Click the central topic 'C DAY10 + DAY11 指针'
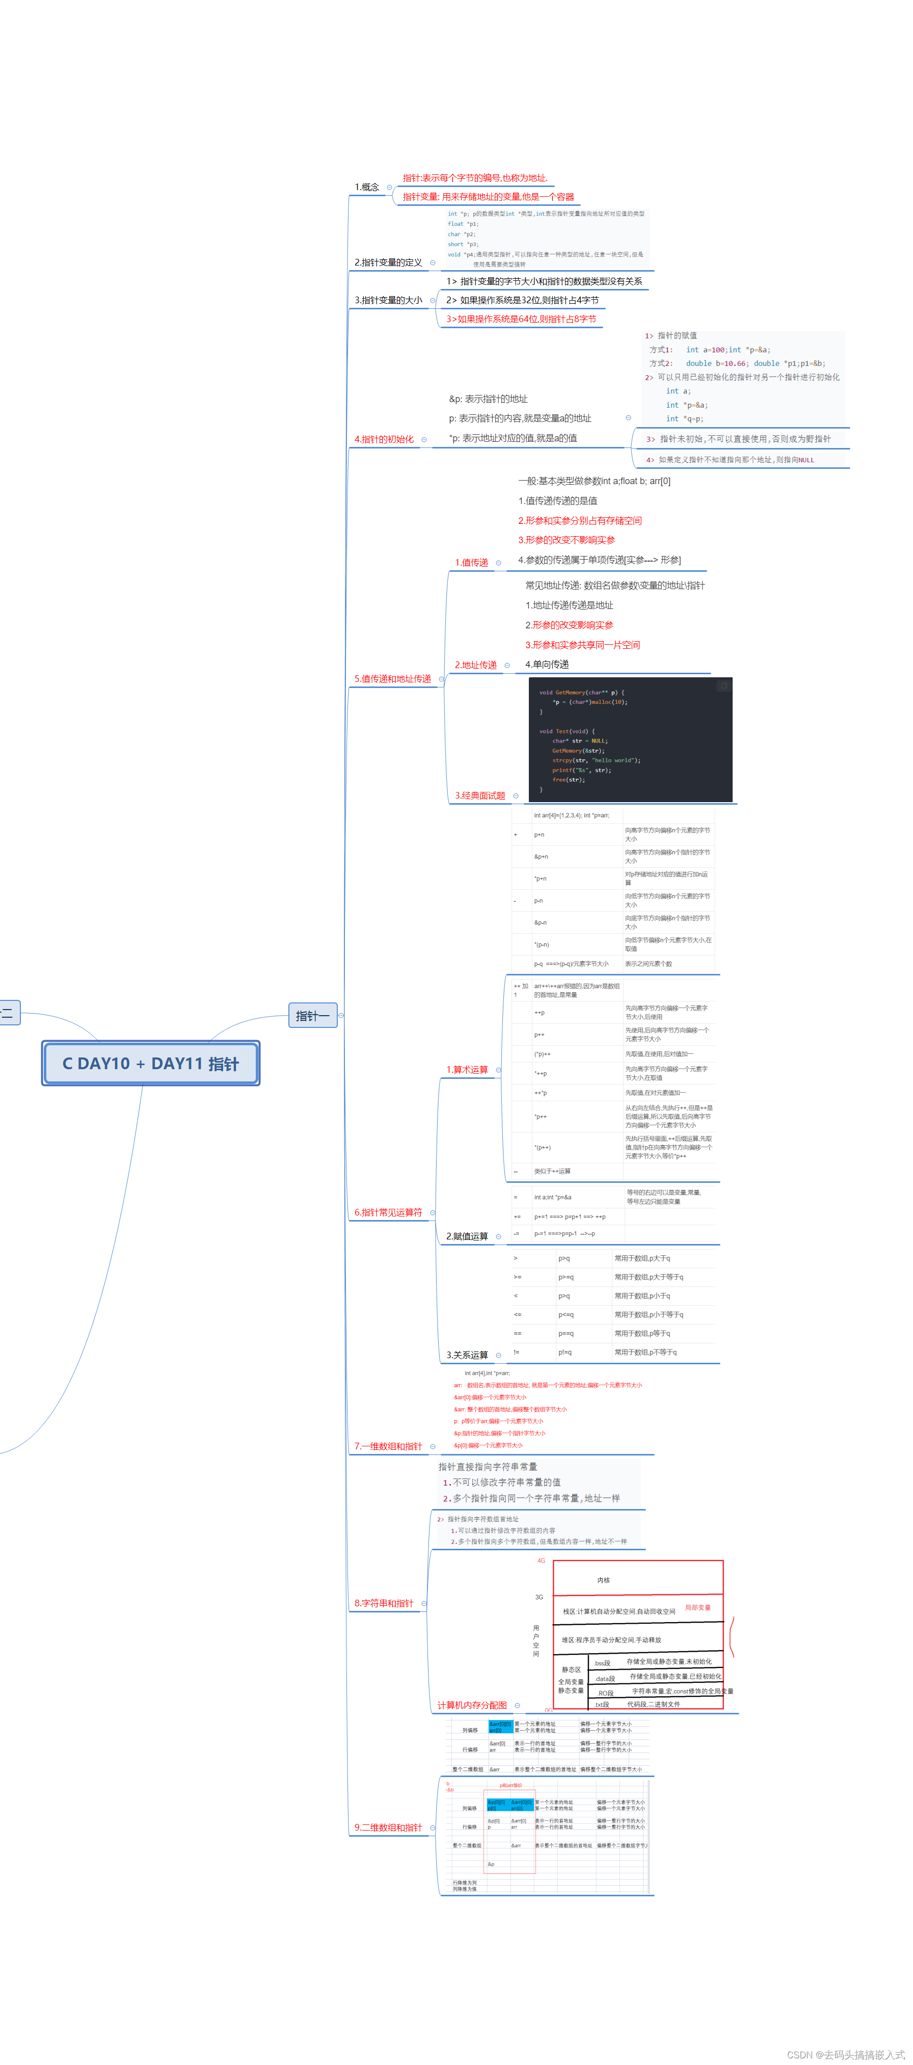pyautogui.click(x=151, y=1063)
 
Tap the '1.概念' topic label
pyautogui.click(x=367, y=187)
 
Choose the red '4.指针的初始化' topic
pyautogui.click(x=384, y=439)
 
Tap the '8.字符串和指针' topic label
pyautogui.click(x=384, y=1603)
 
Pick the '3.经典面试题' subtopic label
pyautogui.click(x=480, y=795)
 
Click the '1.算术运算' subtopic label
pyautogui.click(x=467, y=1069)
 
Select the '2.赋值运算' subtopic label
pyautogui.click(x=467, y=1236)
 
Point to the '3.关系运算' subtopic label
pyautogui.click(x=467, y=1355)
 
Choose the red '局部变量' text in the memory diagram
pyautogui.click(x=697, y=1607)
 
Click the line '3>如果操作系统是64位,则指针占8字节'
pyautogui.click(x=521, y=319)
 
